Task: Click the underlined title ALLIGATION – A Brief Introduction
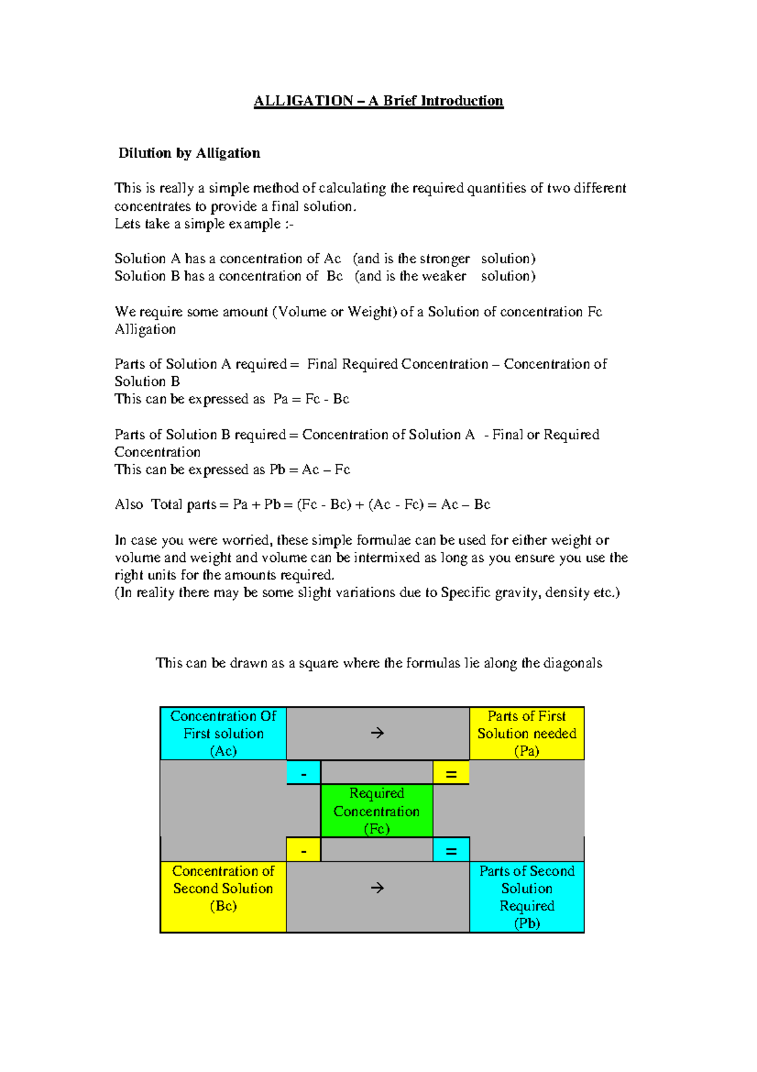[378, 101]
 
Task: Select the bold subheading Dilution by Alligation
[189, 153]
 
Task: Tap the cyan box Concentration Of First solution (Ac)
[223, 733]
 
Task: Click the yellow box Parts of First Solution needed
[527, 733]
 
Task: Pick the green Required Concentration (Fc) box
[377, 811]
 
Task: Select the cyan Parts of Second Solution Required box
[527, 896]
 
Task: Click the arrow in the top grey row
[377, 733]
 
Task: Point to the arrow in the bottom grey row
[377, 888]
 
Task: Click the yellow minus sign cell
[303, 850]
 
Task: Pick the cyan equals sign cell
[451, 850]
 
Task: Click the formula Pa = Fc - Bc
[311, 399]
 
